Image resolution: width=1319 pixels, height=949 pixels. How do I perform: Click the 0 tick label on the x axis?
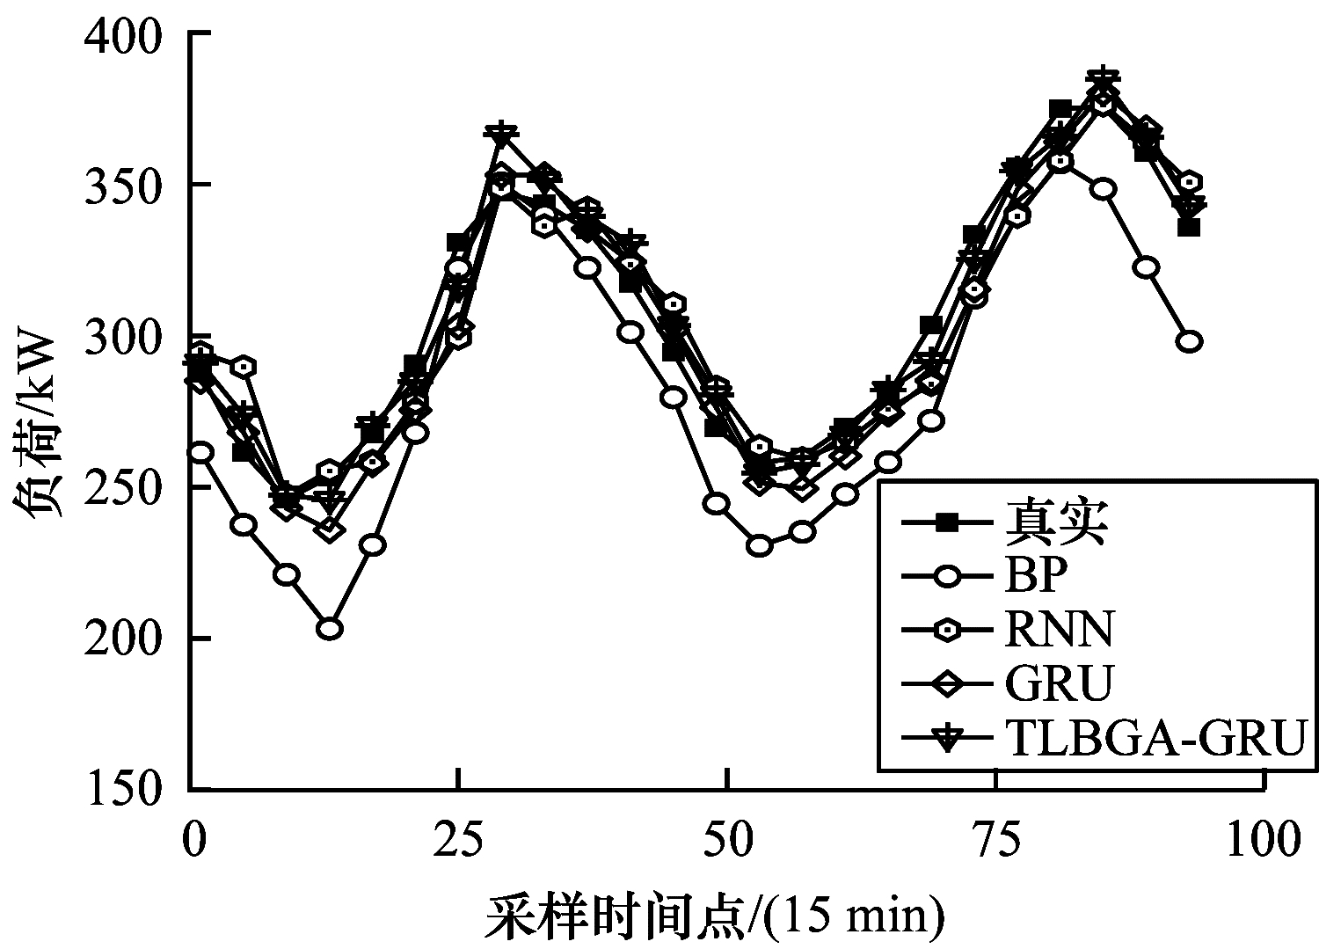pos(193,840)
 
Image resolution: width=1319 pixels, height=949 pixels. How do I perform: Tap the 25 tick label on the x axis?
pos(459,840)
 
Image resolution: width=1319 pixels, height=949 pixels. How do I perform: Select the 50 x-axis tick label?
pos(728,840)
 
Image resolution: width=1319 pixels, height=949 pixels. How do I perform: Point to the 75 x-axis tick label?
pos(996,840)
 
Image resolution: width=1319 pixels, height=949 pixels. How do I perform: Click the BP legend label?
pos(1036,577)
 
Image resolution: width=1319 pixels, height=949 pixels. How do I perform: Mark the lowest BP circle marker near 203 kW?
pos(330,629)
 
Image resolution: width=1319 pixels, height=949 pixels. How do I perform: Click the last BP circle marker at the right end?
pos(1189,341)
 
